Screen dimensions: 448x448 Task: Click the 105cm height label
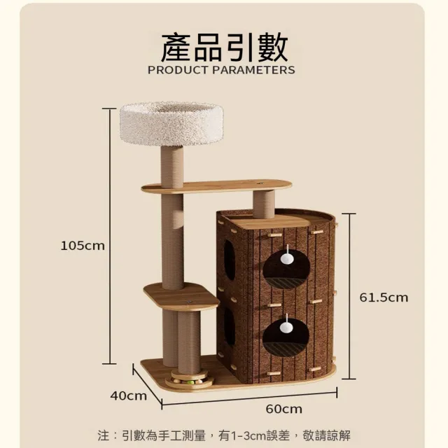[83, 246]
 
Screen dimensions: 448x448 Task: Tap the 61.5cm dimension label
[384, 297]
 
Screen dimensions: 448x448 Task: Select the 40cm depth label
[129, 395]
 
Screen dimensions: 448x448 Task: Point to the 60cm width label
[283, 409]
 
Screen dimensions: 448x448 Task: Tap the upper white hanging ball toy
[286, 258]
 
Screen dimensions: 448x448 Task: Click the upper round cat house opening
[286, 269]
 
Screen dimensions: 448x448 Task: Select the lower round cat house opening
[286, 337]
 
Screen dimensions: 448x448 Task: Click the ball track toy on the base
[190, 378]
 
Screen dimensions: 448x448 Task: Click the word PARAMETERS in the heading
[253, 70]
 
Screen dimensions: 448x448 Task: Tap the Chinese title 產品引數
[224, 47]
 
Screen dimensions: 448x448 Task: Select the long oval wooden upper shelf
[217, 185]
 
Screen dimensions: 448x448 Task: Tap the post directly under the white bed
[172, 167]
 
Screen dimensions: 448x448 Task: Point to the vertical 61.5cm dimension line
[349, 296]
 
